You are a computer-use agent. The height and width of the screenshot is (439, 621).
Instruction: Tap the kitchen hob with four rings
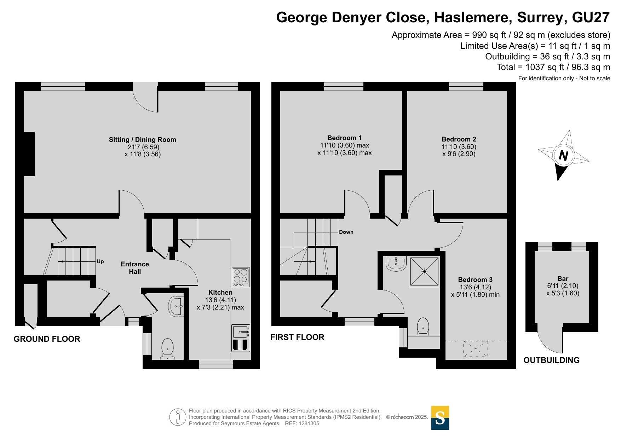click(241, 277)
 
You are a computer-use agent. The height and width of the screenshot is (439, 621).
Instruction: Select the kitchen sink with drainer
click(241, 338)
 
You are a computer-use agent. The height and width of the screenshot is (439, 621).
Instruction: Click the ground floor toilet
click(167, 349)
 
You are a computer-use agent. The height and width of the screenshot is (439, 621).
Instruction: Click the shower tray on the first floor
click(424, 272)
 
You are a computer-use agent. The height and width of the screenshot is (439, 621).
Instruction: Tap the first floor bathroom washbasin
click(396, 264)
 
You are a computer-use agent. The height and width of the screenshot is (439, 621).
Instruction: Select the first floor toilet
click(423, 326)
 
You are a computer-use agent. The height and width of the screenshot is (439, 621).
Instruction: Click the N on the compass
click(563, 155)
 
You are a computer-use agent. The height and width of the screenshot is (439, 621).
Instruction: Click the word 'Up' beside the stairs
click(100, 261)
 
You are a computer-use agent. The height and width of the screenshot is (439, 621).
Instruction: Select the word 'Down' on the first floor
click(346, 232)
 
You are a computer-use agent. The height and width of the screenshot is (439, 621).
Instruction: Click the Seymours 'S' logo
click(440, 418)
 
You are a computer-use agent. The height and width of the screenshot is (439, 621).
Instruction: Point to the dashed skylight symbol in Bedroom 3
click(476, 349)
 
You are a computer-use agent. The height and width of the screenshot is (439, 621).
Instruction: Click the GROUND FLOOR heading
click(47, 339)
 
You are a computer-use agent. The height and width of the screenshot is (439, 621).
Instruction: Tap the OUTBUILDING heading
click(552, 360)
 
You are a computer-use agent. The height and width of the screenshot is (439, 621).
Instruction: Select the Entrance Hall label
click(135, 268)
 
